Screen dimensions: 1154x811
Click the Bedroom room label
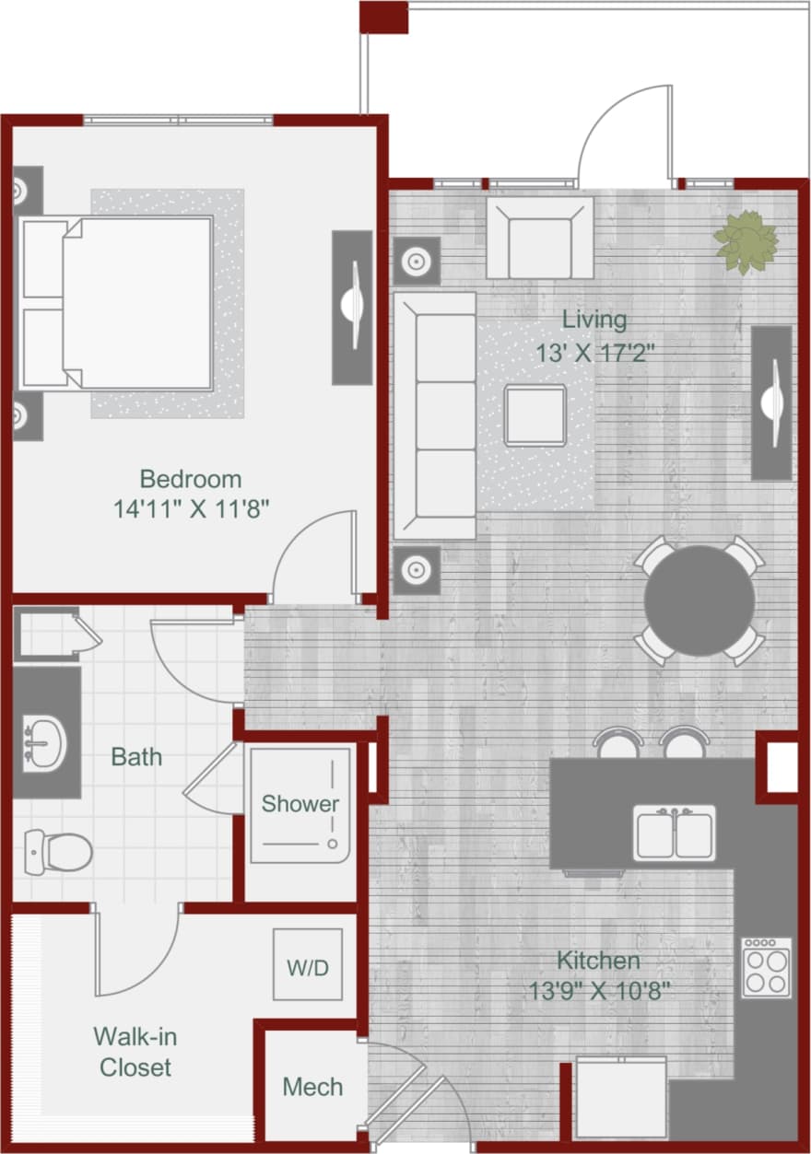click(x=191, y=479)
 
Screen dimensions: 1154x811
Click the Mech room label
click(x=312, y=1087)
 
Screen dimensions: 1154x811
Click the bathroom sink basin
click(x=42, y=742)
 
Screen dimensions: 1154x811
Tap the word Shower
click(x=300, y=804)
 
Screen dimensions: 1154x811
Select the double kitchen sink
click(x=675, y=833)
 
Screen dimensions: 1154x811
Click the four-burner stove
click(x=767, y=967)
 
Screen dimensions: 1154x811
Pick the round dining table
click(x=699, y=600)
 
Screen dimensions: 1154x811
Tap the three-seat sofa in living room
click(x=434, y=414)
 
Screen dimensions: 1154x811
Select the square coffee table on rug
click(x=535, y=416)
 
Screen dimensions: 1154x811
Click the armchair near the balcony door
click(x=540, y=239)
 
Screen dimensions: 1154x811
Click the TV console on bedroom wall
click(x=352, y=308)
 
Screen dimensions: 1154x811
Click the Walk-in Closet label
click(x=135, y=1052)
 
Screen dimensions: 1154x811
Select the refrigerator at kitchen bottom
click(x=620, y=1098)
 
